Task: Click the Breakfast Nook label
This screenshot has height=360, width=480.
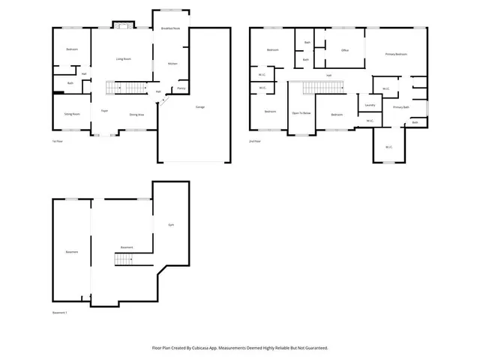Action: click(x=170, y=28)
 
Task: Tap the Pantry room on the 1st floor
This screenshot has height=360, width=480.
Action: click(x=181, y=88)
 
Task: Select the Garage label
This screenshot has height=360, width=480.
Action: click(x=200, y=107)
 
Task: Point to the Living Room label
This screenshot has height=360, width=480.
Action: click(x=123, y=58)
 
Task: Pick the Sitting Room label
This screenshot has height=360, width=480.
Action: click(x=71, y=115)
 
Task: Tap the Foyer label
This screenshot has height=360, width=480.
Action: click(x=106, y=110)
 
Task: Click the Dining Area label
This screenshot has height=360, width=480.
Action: click(x=136, y=115)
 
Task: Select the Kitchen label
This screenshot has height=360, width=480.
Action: click(x=172, y=64)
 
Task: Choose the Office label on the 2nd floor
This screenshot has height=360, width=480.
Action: click(x=345, y=50)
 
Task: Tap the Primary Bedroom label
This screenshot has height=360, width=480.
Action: click(x=396, y=54)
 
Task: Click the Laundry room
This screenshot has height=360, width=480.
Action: click(x=370, y=105)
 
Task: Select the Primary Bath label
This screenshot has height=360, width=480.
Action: click(x=401, y=107)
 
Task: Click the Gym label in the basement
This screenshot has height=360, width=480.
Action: click(x=171, y=224)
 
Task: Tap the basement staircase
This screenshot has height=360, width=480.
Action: click(x=124, y=260)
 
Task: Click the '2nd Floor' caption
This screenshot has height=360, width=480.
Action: click(x=255, y=141)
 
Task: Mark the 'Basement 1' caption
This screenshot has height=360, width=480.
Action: click(x=60, y=312)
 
